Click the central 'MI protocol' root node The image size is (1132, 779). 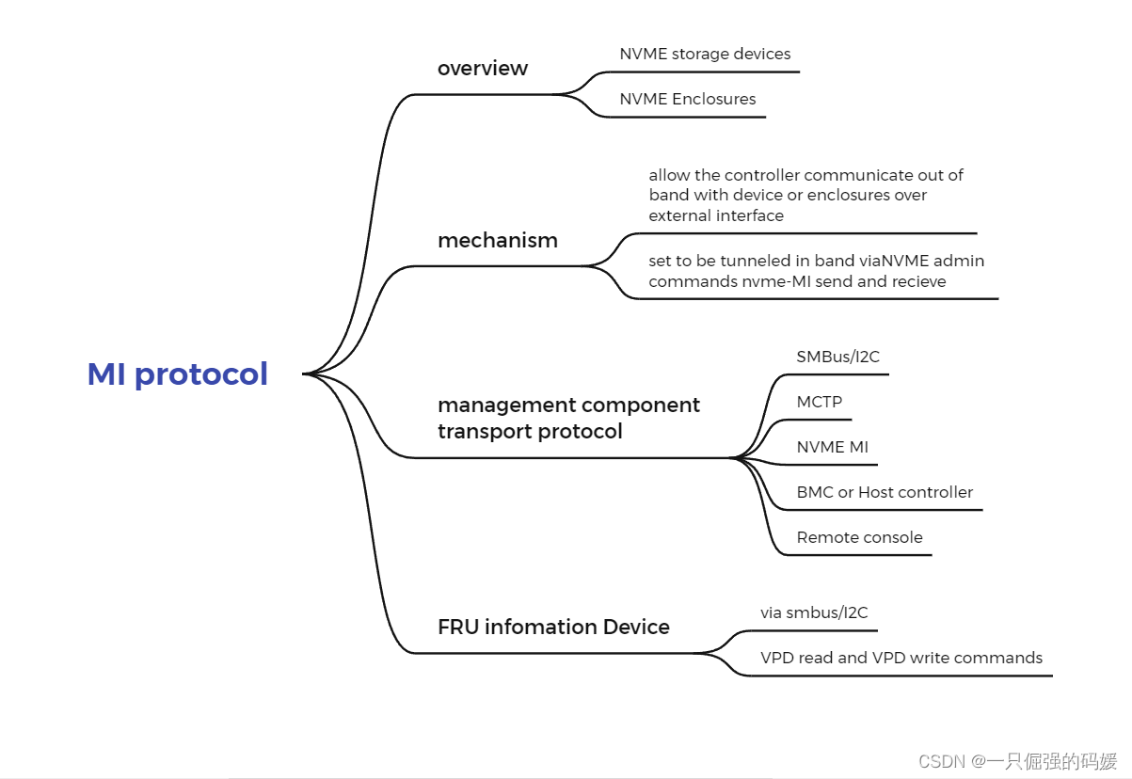point(178,374)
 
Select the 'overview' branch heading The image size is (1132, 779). point(483,69)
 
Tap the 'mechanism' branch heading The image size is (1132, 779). point(498,240)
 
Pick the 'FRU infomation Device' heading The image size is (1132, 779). point(553,627)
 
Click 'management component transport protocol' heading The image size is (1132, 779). point(568,418)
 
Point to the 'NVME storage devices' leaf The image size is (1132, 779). point(705,55)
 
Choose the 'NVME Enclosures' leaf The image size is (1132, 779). point(687,99)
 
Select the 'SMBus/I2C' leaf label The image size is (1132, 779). point(837,357)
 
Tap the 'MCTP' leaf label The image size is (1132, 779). point(819,402)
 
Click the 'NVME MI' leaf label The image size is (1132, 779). point(832,447)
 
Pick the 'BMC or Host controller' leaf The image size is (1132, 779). point(885,492)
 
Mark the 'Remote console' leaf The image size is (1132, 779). point(859,537)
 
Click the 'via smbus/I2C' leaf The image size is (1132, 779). point(814,612)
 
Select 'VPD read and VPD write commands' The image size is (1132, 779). point(901,658)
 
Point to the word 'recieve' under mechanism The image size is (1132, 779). point(917,281)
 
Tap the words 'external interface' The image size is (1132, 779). point(715,215)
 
